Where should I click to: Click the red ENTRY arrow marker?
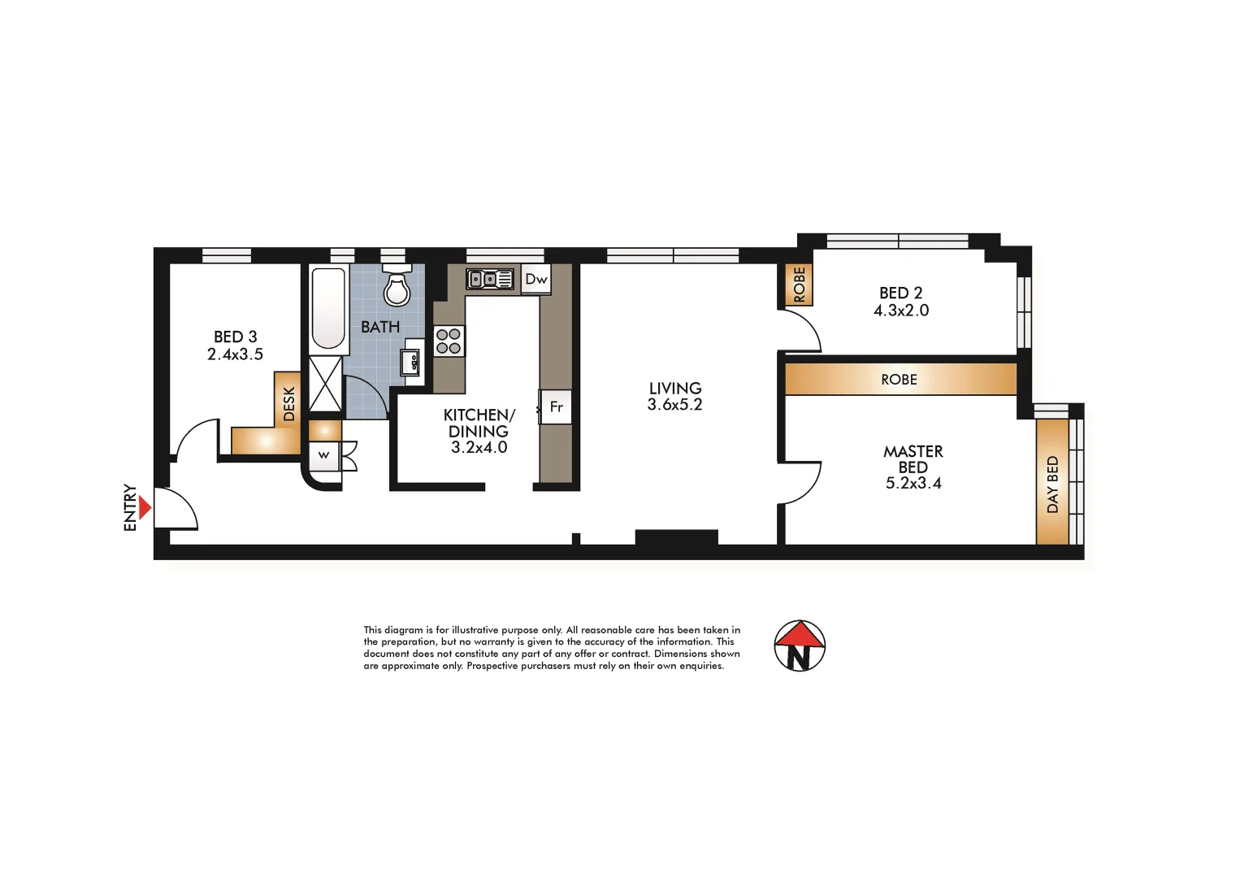[145, 508]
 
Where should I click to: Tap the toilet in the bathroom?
[397, 287]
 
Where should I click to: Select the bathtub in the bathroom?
[328, 308]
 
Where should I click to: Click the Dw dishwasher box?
[536, 279]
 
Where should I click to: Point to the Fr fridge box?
[557, 406]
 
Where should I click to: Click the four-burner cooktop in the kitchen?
[449, 341]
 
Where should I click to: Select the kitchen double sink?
[489, 279]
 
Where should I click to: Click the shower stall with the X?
[326, 384]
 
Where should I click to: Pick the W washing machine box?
[324, 455]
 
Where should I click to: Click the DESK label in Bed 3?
[288, 403]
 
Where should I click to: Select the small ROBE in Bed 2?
[799, 285]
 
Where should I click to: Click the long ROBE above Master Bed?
[900, 380]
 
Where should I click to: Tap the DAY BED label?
[1052, 485]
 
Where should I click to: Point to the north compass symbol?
[800, 646]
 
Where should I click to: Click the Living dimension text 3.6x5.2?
[674, 405]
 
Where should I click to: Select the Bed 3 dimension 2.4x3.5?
[235, 354]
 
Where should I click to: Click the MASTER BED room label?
[913, 459]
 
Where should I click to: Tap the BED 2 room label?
[900, 293]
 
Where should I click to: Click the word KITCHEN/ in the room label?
[479, 415]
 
